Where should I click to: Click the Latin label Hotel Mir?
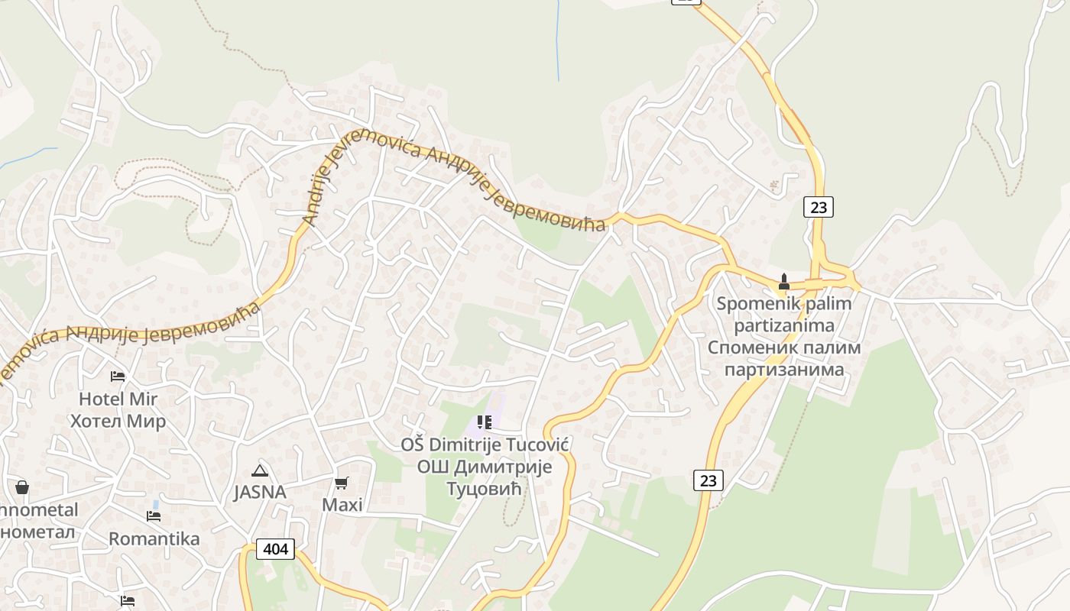pos(118,399)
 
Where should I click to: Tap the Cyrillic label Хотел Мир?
pos(118,421)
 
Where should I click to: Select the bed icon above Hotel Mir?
pos(118,376)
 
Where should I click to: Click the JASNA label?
pos(260,492)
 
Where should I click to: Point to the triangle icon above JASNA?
pos(260,470)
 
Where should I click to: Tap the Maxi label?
pos(342,505)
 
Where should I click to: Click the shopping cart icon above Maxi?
pos(342,483)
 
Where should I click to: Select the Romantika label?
pos(154,538)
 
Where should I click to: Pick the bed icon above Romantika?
pos(154,516)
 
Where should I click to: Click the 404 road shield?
pos(275,548)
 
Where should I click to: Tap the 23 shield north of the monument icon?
pos(818,206)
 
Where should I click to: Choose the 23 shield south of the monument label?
pos(708,480)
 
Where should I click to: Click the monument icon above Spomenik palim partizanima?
pos(783,281)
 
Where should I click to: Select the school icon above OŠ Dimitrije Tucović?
pos(484,422)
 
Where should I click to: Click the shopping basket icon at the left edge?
pos(22,487)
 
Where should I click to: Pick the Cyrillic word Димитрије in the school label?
pos(505,467)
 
